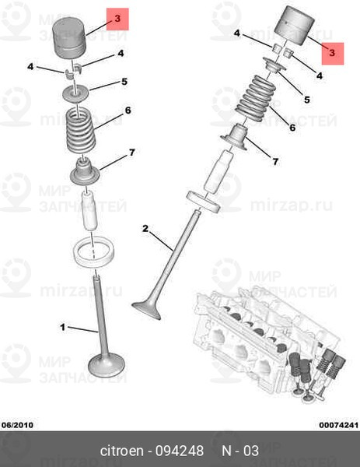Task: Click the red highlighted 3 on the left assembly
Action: [x=118, y=19]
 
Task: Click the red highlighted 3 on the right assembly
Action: [x=333, y=53]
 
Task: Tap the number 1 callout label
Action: [x=62, y=328]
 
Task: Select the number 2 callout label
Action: [x=145, y=229]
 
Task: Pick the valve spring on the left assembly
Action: [x=81, y=131]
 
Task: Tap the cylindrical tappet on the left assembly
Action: [x=68, y=38]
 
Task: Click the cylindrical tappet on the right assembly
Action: [x=294, y=26]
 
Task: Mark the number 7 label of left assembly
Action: [x=132, y=153]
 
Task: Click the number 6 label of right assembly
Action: [x=293, y=128]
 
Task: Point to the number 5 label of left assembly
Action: [x=124, y=82]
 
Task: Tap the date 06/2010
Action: [x=18, y=425]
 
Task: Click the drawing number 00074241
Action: [x=339, y=425]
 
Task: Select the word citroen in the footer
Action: [x=121, y=451]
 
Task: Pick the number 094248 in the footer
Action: [x=180, y=451]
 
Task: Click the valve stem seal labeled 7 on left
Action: [x=85, y=171]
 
